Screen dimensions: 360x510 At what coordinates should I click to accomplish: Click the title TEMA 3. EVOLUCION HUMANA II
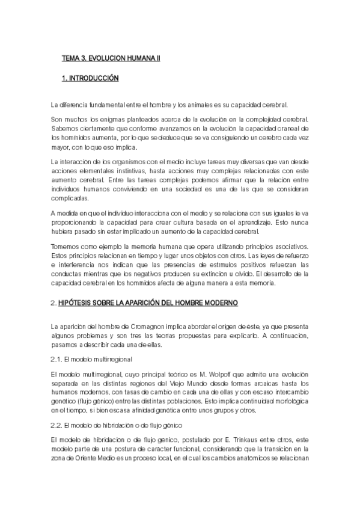tap(111, 59)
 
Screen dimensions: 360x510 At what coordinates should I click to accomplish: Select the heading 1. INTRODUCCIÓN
tap(90, 79)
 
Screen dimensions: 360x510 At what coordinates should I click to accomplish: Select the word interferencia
tap(75, 266)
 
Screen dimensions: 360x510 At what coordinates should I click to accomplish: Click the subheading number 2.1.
tap(56, 359)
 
